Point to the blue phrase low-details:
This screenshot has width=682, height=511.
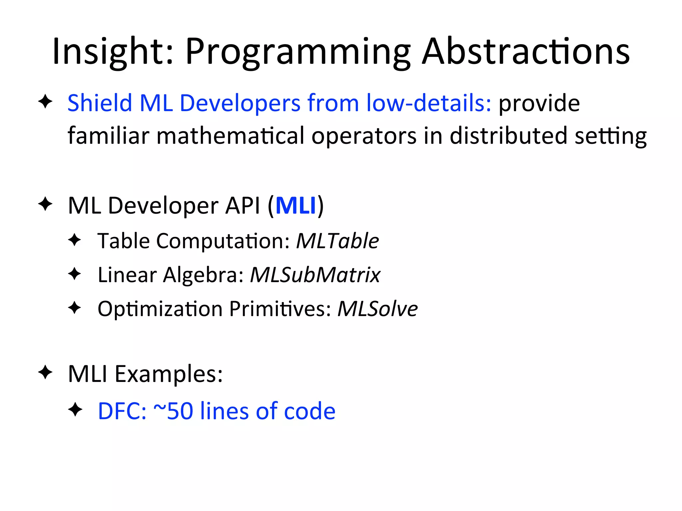[x=429, y=103]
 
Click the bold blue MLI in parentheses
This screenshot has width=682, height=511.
[x=296, y=206]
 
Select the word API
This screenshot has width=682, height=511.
[x=242, y=206]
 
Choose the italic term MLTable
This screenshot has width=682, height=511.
[x=337, y=241]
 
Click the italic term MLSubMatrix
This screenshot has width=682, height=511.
[x=315, y=275]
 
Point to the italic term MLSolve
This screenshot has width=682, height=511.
[x=377, y=309]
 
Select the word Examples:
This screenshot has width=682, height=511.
[x=169, y=374]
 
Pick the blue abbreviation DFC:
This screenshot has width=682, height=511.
[x=122, y=411]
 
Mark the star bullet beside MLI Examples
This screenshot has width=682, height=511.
[x=45, y=372]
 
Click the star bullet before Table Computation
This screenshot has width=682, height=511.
[x=75, y=240]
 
